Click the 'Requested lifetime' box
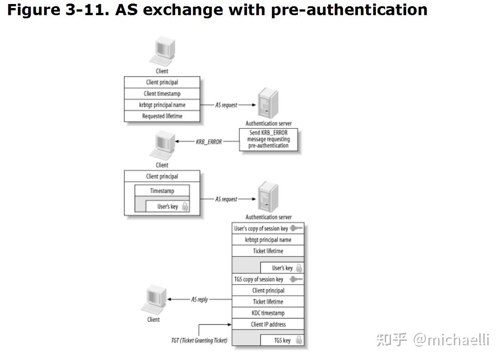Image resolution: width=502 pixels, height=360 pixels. tap(162, 116)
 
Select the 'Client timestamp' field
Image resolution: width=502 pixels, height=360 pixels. tap(162, 94)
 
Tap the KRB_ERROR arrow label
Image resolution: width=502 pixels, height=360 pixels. tap(209, 141)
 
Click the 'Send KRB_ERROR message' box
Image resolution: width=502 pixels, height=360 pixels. tap(268, 139)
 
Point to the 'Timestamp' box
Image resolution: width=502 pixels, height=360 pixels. tap(162, 191)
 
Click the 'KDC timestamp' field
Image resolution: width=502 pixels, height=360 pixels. tap(268, 313)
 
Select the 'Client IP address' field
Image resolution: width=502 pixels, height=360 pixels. tap(268, 324)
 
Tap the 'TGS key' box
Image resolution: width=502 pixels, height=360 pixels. tap(282, 340)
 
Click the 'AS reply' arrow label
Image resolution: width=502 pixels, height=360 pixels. tap(199, 299)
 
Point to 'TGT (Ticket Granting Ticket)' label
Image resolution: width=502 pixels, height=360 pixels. tap(199, 340)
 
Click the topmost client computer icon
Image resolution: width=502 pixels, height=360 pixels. tap(161, 53)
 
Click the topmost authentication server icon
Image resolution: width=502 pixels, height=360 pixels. tap(268, 104)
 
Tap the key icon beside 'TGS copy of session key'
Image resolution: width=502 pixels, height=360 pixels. tap(296, 279)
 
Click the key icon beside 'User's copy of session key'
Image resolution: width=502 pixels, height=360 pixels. tap(296, 228)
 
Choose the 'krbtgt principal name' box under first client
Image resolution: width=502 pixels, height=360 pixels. tap(162, 105)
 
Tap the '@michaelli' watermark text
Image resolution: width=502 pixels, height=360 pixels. tap(451, 340)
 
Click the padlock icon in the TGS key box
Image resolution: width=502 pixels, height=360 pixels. tap(299, 340)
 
